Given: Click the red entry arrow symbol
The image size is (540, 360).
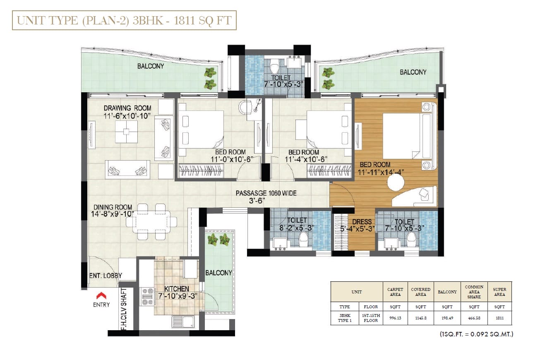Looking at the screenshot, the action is click(101, 295).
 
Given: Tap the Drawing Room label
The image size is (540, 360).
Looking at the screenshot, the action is click(127, 108).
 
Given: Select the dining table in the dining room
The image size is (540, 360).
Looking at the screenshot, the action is click(151, 222).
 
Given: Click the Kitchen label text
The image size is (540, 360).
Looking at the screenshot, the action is click(177, 289).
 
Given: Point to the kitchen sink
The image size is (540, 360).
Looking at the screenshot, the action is click(183, 322).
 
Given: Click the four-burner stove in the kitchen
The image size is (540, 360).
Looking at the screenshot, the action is click(148, 297).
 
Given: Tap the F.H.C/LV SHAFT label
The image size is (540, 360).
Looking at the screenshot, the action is click(123, 309).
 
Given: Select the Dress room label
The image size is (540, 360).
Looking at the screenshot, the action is click(362, 222).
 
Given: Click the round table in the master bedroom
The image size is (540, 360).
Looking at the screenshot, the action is click(396, 182).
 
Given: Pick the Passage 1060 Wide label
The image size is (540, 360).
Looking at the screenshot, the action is click(266, 193).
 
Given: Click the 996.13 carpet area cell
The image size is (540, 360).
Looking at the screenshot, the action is click(395, 318).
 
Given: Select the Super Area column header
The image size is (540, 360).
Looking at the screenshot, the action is click(499, 292).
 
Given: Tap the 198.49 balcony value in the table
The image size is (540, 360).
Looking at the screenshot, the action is click(447, 318).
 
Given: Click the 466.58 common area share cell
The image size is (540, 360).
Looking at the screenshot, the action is click(474, 318).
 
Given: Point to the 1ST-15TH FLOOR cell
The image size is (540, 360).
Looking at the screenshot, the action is click(371, 318).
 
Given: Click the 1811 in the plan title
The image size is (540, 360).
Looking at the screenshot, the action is click(184, 20).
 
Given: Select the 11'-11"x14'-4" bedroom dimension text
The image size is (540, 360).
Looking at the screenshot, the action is click(381, 173).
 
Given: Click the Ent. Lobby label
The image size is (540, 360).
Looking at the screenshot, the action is click(106, 276).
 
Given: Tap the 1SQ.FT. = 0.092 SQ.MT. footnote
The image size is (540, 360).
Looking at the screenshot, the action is click(476, 334).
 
